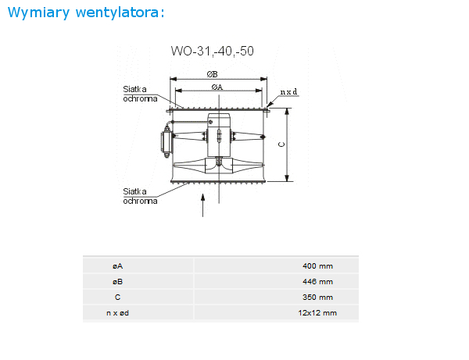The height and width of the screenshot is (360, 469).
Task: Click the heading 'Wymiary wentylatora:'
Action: [x=86, y=12]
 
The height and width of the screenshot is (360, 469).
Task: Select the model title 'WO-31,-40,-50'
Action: [x=212, y=51]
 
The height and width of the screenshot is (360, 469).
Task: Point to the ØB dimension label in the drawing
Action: [x=212, y=74]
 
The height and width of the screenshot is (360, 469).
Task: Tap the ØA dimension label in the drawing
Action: [x=217, y=87]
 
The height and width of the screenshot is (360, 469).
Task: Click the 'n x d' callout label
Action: [x=288, y=91]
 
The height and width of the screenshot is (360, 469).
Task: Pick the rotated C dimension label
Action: [x=281, y=144]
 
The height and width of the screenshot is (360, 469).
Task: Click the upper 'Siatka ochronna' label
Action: [x=140, y=94]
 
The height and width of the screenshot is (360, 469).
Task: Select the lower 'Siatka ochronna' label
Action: [x=140, y=196]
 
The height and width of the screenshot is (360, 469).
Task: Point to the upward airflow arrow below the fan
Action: [x=202, y=205]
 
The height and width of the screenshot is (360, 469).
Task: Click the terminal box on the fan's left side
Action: [x=166, y=143]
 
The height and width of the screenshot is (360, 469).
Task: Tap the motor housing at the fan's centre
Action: [x=219, y=135]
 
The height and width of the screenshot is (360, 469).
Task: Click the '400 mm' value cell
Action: [x=317, y=266]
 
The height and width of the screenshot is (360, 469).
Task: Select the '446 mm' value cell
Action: [x=317, y=281]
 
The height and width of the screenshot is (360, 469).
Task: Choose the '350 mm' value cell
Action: [x=317, y=298]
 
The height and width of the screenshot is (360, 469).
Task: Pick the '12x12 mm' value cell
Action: [x=317, y=313]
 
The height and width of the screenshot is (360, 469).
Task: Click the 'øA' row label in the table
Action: [x=117, y=266]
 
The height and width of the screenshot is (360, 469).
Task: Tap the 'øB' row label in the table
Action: [x=117, y=281]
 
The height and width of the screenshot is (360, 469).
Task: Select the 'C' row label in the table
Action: [x=117, y=298]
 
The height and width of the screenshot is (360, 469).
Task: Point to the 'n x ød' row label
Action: [x=117, y=313]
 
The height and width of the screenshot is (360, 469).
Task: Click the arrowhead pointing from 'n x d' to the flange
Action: [x=270, y=105]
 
